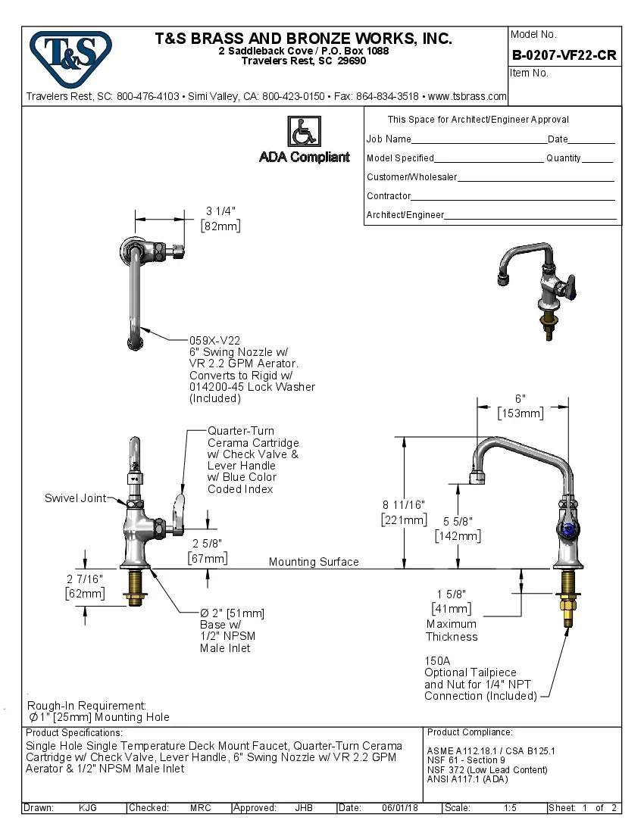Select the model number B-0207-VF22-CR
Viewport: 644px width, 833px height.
point(564,55)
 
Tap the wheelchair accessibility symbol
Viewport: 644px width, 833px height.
point(304,132)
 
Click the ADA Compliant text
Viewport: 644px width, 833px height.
point(305,158)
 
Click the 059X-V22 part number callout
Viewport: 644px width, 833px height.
point(214,342)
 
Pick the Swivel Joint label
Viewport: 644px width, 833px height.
point(75,498)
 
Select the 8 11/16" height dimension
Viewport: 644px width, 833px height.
point(403,504)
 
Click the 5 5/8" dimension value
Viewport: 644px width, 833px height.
point(457,521)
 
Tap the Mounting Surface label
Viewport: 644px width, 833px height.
point(314,562)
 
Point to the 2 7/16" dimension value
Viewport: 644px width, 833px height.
point(84,579)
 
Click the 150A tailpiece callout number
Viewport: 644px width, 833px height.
point(436,660)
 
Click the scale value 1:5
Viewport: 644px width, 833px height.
point(511,808)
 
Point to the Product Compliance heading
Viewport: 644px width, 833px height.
point(470,732)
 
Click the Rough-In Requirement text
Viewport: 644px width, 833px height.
point(87,705)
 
